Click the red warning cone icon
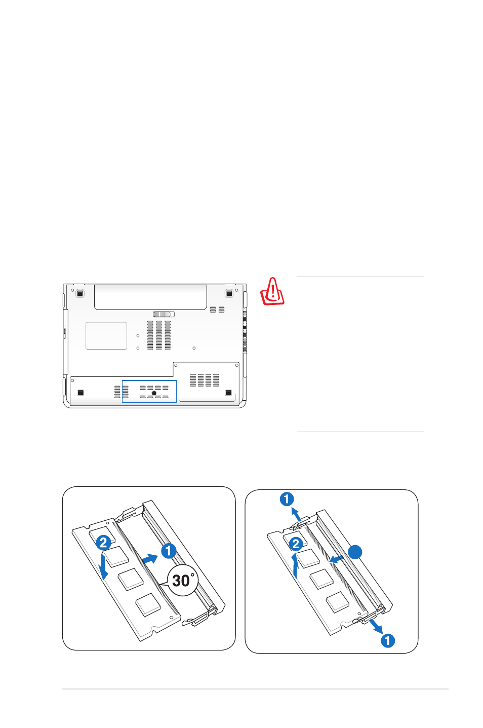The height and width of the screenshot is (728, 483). pyautogui.click(x=272, y=291)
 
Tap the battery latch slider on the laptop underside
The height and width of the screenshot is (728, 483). pyautogui.click(x=164, y=314)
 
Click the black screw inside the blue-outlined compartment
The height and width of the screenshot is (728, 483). pyautogui.click(x=154, y=393)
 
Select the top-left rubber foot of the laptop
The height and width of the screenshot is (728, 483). pyautogui.click(x=80, y=293)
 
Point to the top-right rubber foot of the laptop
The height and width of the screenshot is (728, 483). pyautogui.click(x=229, y=293)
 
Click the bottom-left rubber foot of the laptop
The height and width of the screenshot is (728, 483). pyautogui.click(x=80, y=393)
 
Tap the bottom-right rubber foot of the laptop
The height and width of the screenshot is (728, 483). pyautogui.click(x=228, y=393)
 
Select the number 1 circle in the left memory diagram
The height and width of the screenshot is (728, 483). pyautogui.click(x=169, y=551)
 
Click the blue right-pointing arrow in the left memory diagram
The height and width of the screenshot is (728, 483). pyautogui.click(x=150, y=559)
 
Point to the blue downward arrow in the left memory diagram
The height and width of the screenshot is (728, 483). pyautogui.click(x=103, y=566)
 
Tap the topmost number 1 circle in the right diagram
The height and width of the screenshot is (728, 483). pyautogui.click(x=287, y=499)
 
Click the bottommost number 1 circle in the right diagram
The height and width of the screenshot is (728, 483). pyautogui.click(x=387, y=640)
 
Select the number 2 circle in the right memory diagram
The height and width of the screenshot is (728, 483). pyautogui.click(x=296, y=544)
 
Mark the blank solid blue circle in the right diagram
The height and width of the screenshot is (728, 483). pyautogui.click(x=355, y=552)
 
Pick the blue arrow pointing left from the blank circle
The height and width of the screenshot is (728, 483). pyautogui.click(x=337, y=559)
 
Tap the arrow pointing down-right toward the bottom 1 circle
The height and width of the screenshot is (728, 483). pyautogui.click(x=376, y=626)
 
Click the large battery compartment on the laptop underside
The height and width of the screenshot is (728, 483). pyautogui.click(x=150, y=297)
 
